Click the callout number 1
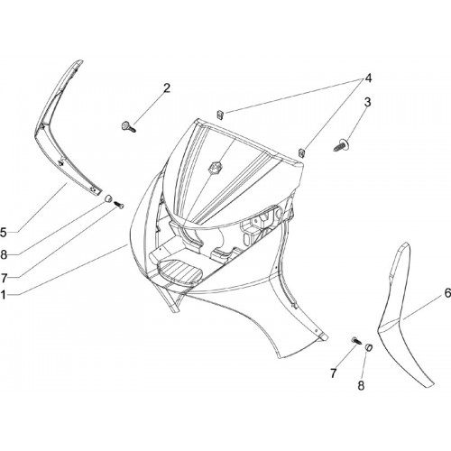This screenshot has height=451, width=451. [3, 295]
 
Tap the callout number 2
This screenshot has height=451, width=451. [167, 88]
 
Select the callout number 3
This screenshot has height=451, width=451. [367, 102]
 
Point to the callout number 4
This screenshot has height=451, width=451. [368, 78]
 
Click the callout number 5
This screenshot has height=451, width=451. [3, 233]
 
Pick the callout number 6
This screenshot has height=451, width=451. [447, 292]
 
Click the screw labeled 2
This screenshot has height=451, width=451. [128, 126]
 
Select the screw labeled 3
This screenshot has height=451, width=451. [340, 145]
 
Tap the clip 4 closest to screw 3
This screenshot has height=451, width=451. [301, 152]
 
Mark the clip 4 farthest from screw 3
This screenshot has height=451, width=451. [220, 115]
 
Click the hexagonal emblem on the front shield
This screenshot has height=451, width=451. [214, 167]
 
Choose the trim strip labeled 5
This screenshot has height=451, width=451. [61, 129]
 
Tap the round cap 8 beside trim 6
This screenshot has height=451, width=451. [369, 347]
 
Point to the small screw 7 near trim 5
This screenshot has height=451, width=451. [119, 205]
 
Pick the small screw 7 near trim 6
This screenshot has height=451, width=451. [356, 341]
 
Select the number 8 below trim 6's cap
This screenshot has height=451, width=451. [361, 385]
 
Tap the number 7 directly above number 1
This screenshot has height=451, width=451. [4, 279]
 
